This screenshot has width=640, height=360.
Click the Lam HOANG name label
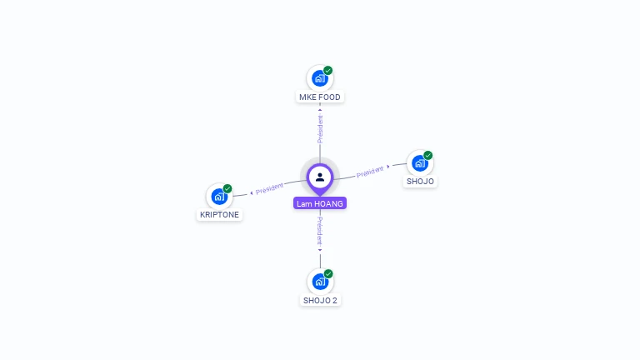pyautogui.click(x=320, y=203)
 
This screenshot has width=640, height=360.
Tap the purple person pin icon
pyautogui.click(x=320, y=177)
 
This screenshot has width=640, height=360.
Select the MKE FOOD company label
pyautogui.click(x=320, y=97)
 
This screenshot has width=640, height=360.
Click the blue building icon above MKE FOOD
pyautogui.click(x=319, y=78)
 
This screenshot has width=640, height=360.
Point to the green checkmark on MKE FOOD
pyautogui.click(x=328, y=71)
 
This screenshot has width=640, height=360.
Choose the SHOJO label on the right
pyautogui.click(x=420, y=181)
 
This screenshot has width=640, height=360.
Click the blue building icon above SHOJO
pyautogui.click(x=419, y=163)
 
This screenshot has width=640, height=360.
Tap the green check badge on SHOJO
pyautogui.click(x=428, y=155)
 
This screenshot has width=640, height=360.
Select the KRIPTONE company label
pyautogui.click(x=220, y=214)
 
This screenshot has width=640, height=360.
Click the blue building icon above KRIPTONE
pyautogui.click(x=219, y=197)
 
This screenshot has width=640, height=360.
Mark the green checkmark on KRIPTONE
pyautogui.click(x=227, y=188)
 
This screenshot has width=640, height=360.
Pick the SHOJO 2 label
pyautogui.click(x=320, y=300)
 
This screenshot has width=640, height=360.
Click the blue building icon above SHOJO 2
pyautogui.click(x=319, y=282)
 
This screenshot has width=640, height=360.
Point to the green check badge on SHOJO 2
pyautogui.click(x=328, y=273)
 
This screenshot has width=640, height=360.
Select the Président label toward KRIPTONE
pyautogui.click(x=270, y=189)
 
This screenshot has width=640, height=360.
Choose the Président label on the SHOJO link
pyautogui.click(x=369, y=172)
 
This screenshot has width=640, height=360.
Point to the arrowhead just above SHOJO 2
pyautogui.click(x=320, y=250)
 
